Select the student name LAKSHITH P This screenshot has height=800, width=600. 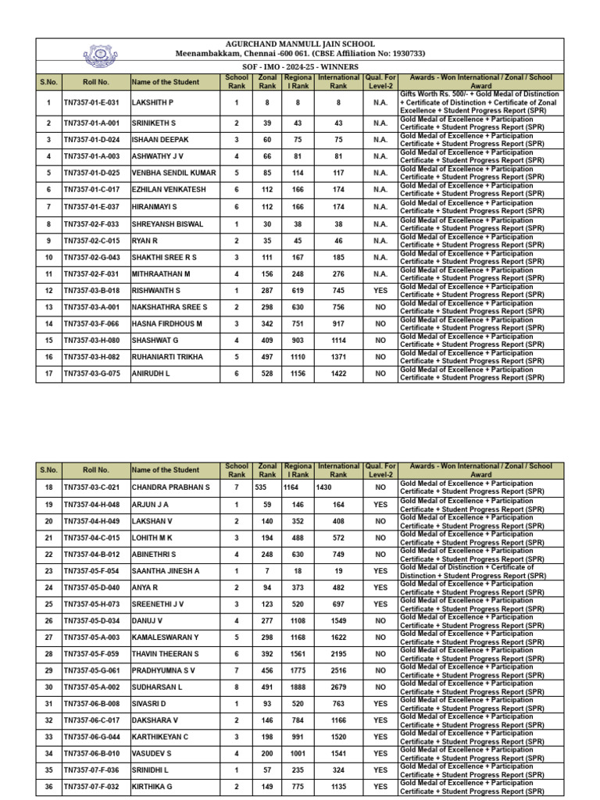point(153,102)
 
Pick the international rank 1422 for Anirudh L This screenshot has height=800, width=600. point(338,373)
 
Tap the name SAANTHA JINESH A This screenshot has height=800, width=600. point(166,571)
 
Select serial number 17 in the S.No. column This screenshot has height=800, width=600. point(48,373)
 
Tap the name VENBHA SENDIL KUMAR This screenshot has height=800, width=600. point(173,173)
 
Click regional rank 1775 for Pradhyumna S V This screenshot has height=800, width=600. point(297,671)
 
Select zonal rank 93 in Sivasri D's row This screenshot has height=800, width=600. point(267,704)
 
